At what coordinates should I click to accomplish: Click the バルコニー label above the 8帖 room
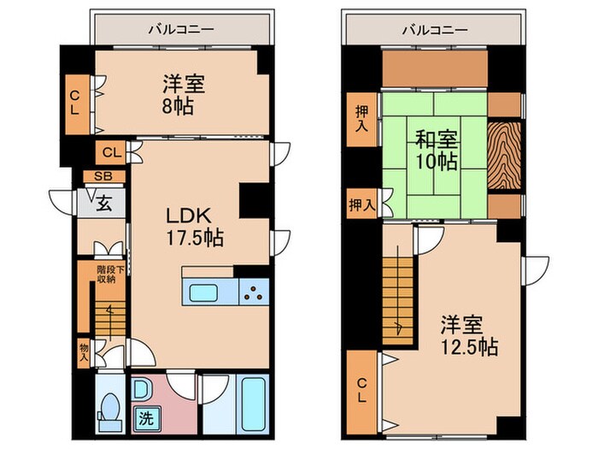(181, 29)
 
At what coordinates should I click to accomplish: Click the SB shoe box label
(103, 176)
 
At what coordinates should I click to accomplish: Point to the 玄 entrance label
(102, 203)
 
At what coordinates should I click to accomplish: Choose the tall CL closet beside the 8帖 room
(75, 103)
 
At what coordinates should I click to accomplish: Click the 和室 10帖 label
(437, 147)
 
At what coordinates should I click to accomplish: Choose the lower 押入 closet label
(361, 204)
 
